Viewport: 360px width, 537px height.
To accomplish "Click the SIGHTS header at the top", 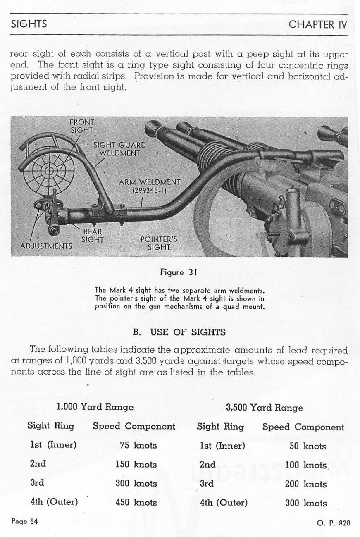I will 29,24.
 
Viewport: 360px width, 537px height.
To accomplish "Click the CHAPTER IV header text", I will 318,24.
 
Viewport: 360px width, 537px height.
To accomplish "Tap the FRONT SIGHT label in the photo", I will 82,126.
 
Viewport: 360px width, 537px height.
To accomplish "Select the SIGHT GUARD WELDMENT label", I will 119,149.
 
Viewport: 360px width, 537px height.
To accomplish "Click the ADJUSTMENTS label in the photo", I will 46,246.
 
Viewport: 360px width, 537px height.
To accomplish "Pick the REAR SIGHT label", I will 92,236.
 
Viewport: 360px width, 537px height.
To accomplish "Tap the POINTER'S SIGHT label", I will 159,243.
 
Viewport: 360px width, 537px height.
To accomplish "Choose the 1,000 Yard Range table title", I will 95,407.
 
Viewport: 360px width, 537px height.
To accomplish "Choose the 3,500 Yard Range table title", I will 265,408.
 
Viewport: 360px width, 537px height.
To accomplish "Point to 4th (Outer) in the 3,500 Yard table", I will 224,503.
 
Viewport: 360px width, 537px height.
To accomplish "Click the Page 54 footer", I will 25,521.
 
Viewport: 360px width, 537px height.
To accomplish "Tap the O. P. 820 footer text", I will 334,523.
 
